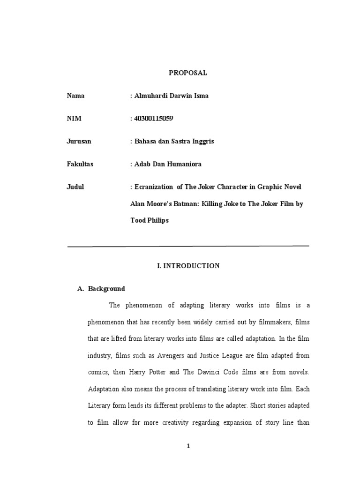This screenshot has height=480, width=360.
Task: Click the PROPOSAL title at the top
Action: [x=187, y=73]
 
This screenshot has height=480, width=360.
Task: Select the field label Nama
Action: [x=75, y=96]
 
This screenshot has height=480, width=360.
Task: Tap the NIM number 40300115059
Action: [x=153, y=119]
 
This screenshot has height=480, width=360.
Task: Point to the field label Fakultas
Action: [x=80, y=164]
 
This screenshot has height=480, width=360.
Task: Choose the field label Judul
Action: [x=75, y=187]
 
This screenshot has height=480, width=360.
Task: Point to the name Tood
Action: [x=138, y=220]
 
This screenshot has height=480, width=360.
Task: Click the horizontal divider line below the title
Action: [x=188, y=246]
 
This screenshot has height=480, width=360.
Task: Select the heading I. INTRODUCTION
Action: [x=188, y=266]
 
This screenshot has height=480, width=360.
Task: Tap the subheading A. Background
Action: [x=101, y=289]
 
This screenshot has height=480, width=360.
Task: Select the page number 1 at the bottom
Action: [x=188, y=446]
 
